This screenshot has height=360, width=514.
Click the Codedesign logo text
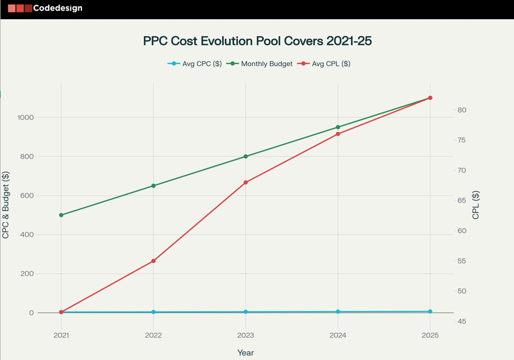(x=57, y=8)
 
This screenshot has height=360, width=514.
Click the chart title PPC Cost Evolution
(x=257, y=41)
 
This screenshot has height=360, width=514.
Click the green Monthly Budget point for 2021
(x=61, y=215)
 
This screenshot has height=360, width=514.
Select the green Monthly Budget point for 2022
(x=154, y=186)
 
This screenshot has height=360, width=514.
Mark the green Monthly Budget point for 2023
(x=246, y=156)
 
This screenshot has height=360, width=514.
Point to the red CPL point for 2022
(x=154, y=261)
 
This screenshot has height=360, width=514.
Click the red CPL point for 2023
(x=246, y=182)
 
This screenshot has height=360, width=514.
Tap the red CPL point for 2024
(x=338, y=134)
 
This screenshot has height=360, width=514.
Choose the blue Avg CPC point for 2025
(x=430, y=312)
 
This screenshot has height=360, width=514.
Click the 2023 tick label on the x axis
(x=246, y=335)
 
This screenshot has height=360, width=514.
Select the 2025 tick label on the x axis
(x=430, y=335)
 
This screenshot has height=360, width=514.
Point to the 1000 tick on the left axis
(x=25, y=117)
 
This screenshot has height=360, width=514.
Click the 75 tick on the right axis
(x=462, y=140)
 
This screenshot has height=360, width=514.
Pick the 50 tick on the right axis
(x=462, y=291)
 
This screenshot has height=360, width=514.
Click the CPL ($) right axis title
(x=476, y=205)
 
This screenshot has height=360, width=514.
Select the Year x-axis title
(x=246, y=352)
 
